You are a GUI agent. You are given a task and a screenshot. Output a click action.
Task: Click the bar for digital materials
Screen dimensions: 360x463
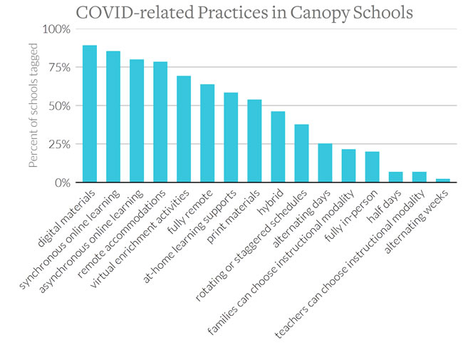[90, 114]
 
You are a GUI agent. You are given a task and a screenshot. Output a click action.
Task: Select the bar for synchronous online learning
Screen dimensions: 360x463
[113, 117]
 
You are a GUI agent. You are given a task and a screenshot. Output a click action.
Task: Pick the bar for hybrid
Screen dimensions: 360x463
[278, 147]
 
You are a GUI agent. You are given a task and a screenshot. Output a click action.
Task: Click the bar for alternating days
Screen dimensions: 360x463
[325, 163]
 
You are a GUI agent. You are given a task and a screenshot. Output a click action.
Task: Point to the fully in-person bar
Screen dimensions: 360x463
[372, 167]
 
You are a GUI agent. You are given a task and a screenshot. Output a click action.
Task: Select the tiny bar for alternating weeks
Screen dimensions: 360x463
[442, 180]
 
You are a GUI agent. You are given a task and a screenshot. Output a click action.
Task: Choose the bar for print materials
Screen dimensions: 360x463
[254, 141]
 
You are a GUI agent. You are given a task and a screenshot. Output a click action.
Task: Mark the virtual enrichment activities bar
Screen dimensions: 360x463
[184, 129]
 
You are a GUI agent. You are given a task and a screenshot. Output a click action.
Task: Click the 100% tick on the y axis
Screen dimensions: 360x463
[56, 29]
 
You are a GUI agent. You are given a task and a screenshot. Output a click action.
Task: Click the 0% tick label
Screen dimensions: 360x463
[61, 182]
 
